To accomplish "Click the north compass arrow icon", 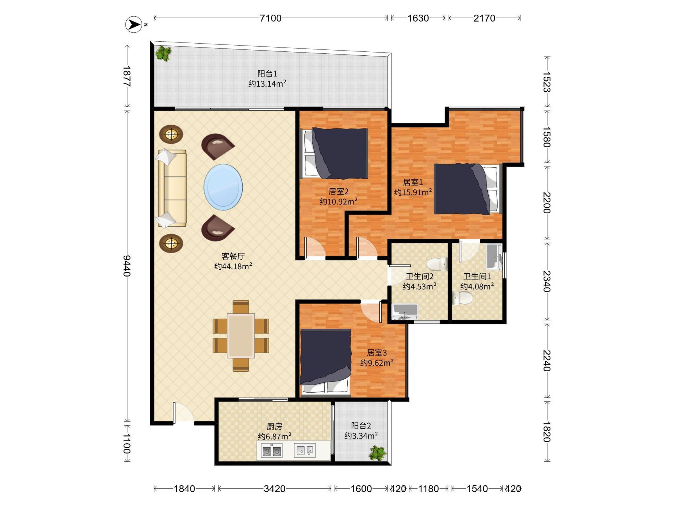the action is [x=133, y=24].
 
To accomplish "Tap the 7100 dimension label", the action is [x=270, y=18].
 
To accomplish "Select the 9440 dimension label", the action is [x=127, y=266].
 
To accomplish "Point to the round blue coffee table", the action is [x=223, y=187].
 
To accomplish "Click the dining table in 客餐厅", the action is [x=241, y=335].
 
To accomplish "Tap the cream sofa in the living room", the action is [x=172, y=188].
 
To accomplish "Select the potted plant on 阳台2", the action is [x=377, y=453].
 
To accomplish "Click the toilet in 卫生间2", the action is [x=437, y=264].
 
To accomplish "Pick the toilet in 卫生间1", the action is [x=462, y=298].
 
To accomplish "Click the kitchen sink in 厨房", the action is [x=304, y=450].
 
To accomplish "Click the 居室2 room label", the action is [x=338, y=191].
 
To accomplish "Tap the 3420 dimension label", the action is [x=275, y=489].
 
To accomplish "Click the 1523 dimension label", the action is [x=547, y=82].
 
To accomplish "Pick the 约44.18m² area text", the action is [x=233, y=266].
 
